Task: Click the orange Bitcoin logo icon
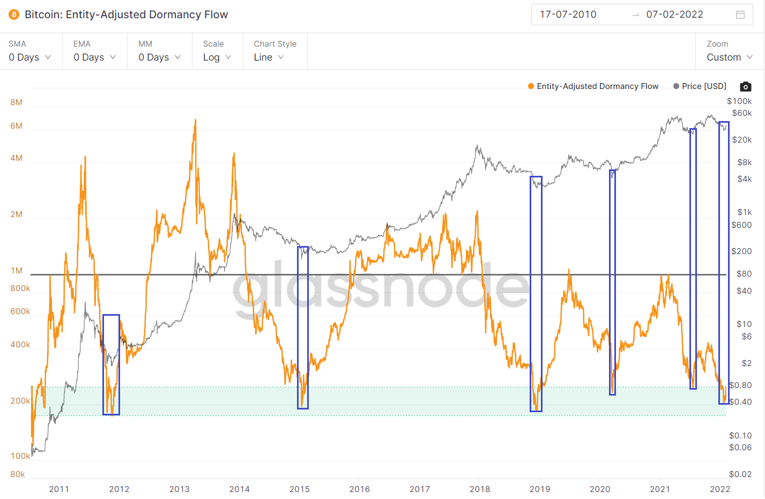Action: [x=14, y=14]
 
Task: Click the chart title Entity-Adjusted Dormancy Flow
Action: [x=126, y=14]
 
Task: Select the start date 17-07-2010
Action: [x=568, y=14]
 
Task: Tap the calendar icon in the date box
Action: [x=740, y=14]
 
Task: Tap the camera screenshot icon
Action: [x=745, y=86]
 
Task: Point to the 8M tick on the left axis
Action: [x=16, y=102]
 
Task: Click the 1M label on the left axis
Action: [x=17, y=271]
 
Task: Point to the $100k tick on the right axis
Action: [x=739, y=101]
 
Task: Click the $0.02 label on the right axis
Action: [x=740, y=474]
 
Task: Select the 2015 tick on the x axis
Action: [x=299, y=489]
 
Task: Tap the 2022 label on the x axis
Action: [x=720, y=489]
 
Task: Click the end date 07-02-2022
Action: [x=674, y=14]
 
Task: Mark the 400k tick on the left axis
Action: [x=20, y=345]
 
